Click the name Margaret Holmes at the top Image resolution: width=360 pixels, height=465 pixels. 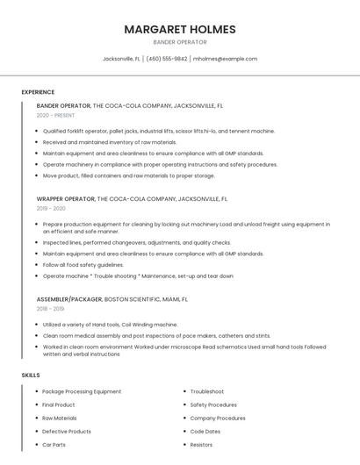[x=179, y=29]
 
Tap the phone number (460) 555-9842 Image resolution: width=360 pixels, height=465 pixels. [x=167, y=59]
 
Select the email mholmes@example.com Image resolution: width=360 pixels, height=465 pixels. [x=226, y=59]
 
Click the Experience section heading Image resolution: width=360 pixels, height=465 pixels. [x=38, y=92]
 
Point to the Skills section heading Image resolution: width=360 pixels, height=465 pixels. [x=30, y=375]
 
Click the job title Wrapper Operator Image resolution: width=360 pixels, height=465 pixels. [x=66, y=199]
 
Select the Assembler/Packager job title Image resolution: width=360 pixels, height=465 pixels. [x=69, y=299]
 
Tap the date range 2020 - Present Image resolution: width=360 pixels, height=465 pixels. [x=55, y=115]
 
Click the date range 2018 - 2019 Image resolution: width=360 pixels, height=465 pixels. [x=50, y=309]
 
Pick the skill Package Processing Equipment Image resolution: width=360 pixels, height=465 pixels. [x=82, y=391]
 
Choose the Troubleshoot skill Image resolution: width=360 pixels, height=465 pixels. [x=207, y=391]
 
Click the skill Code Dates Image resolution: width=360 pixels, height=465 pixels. [x=205, y=432]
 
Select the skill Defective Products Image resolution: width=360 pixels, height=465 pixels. [x=67, y=432]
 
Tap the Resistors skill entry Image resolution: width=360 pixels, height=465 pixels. [x=201, y=445]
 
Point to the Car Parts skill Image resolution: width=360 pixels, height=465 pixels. [x=54, y=445]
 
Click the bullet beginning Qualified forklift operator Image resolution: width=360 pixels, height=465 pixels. [x=158, y=131]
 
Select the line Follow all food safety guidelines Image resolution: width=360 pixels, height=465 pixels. [x=83, y=264]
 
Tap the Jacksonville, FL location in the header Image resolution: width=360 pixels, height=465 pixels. [x=121, y=59]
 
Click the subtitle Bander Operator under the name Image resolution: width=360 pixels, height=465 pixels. [x=179, y=42]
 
